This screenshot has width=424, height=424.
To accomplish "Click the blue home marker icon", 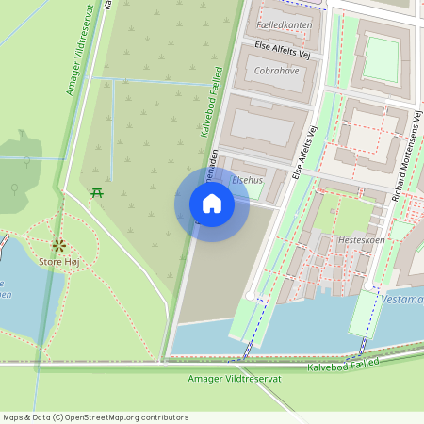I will coord(212,203).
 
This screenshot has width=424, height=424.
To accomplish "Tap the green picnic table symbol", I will coord(97,193).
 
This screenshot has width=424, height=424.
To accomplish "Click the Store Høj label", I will coord(58,259).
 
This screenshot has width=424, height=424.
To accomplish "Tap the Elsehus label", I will coord(247,178).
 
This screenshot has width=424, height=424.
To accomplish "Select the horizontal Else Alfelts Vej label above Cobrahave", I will coord(283,50).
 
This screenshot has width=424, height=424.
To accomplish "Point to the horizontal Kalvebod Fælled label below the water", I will coord(343,363).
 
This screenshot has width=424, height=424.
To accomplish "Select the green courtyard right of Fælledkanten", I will coord(383,58).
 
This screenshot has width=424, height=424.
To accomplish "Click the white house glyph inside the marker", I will coord(212,203).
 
